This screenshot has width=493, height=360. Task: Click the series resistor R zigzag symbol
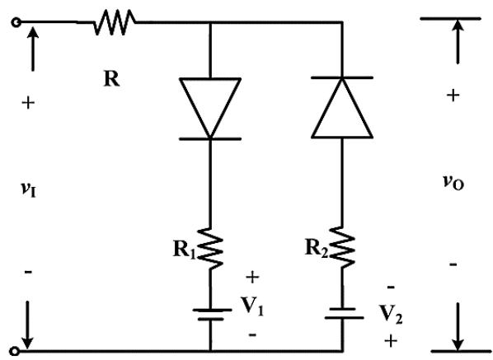pos(115,22)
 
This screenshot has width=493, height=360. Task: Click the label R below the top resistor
pos(111,78)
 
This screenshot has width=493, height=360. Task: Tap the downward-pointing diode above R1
pos(210,108)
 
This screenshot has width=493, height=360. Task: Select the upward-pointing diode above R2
pos(342,107)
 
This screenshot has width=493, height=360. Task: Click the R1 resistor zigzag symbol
pos(210,249)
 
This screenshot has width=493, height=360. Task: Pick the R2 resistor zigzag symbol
pos(342,247)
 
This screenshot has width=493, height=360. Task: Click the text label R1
pos(185,250)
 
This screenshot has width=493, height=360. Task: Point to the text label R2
pos(317,248)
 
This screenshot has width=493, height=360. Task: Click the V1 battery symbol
pos(212,315)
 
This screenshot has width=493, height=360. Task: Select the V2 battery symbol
pos(345,314)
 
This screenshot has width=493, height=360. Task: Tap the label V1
pos(252,306)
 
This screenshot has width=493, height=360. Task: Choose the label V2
pos(391,315)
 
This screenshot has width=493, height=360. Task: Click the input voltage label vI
pos(29,189)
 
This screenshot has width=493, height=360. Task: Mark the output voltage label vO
pos(453,182)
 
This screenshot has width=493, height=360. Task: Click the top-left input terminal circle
pos(16,22)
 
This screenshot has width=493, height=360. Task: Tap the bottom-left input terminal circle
pos(15,351)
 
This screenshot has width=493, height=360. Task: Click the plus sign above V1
pos(252,278)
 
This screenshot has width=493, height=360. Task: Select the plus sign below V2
pos(391,341)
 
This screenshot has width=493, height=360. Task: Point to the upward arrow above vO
pos(458,41)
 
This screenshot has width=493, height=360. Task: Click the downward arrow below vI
pos(28,325)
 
